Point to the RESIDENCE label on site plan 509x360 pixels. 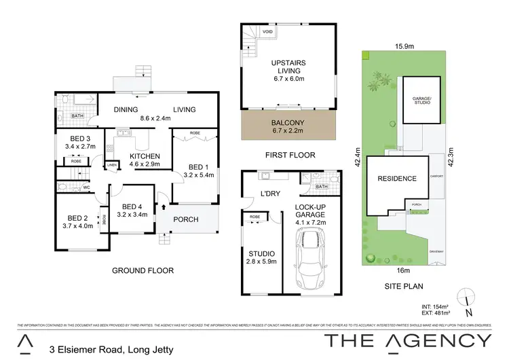397,179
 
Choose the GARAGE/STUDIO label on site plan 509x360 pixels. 423,100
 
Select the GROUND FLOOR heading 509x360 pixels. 143,270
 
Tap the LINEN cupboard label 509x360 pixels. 112,165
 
